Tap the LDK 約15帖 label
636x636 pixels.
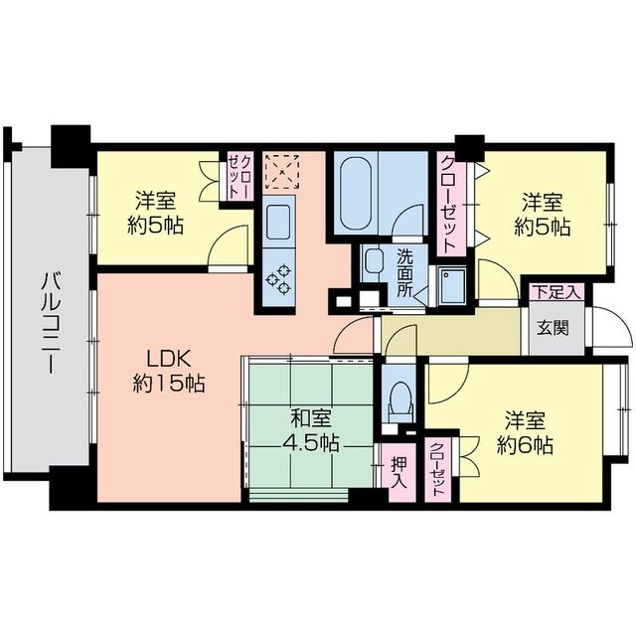tap(169, 371)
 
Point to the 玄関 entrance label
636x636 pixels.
tap(553, 328)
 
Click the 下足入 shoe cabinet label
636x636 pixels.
tap(556, 292)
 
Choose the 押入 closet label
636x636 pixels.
tap(398, 473)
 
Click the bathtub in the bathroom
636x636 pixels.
tap(356, 195)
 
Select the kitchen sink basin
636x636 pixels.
tap(278, 222)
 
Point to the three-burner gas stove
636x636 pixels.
tap(278, 278)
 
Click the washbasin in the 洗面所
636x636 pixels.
tap(374, 261)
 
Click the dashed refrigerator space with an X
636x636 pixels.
tap(281, 172)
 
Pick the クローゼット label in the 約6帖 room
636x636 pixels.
tap(436, 469)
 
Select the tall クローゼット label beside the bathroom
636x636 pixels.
tap(447, 204)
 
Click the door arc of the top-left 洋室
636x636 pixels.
tap(229, 244)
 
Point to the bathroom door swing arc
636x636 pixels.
tap(408, 220)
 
